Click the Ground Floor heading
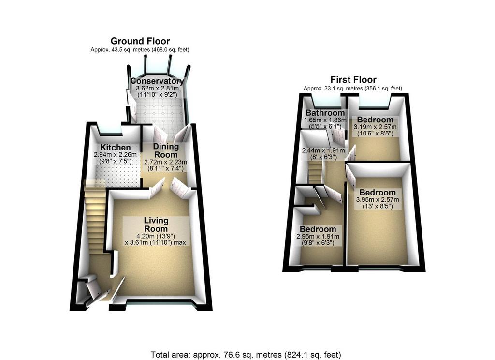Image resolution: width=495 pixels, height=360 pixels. click(140, 41)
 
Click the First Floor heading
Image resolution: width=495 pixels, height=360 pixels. click(353, 80)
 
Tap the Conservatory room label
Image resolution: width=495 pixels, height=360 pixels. click(157, 81)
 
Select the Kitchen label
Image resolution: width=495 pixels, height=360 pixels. click(115, 147)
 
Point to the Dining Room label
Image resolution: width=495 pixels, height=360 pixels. click(166, 150)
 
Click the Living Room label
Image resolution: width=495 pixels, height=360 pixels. click(156, 225)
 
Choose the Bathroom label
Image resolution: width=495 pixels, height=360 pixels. click(325, 113)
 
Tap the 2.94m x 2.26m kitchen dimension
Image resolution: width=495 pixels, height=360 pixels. click(115, 155)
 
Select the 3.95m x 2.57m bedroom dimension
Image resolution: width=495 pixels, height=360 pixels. click(377, 200)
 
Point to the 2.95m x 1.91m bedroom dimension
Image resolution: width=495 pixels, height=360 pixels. click(318, 237)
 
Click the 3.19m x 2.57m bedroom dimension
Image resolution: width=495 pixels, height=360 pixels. click(375, 127)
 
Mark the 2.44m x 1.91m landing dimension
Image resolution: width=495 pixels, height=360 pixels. click(323, 151)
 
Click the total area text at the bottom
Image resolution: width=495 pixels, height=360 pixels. click(246, 355)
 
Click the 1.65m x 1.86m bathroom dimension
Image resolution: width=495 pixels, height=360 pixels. click(325, 120)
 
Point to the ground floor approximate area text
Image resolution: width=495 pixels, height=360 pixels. click(140, 50)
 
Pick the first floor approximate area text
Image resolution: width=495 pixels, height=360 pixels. click(353, 89)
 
